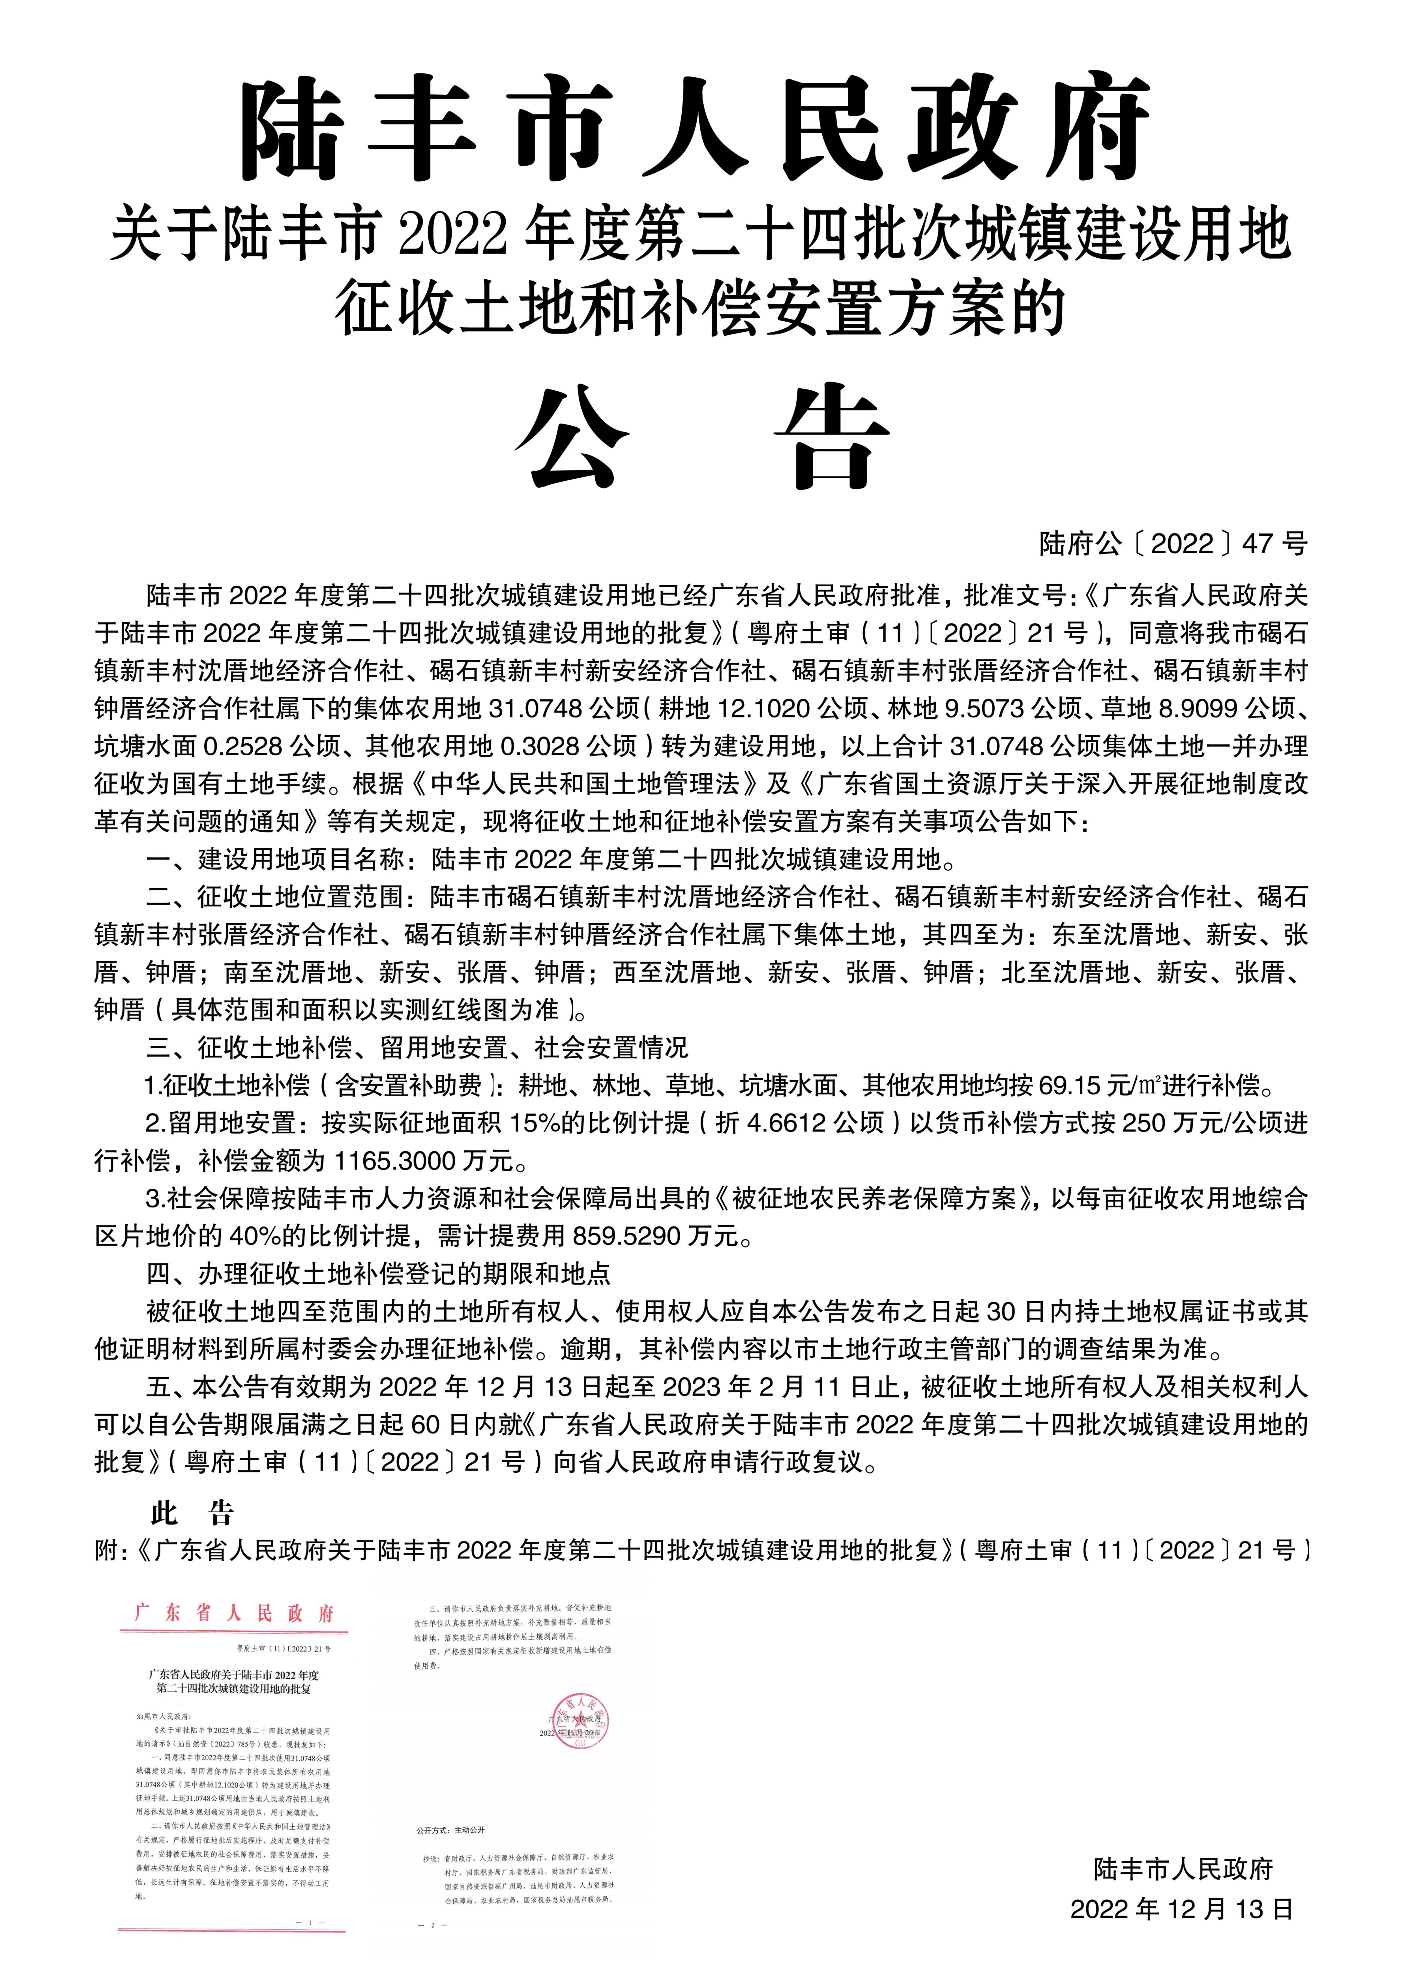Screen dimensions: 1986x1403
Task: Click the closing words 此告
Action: pyautogui.click(x=192, y=1513)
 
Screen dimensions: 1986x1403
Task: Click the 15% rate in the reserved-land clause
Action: pyautogui.click(x=535, y=1123)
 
